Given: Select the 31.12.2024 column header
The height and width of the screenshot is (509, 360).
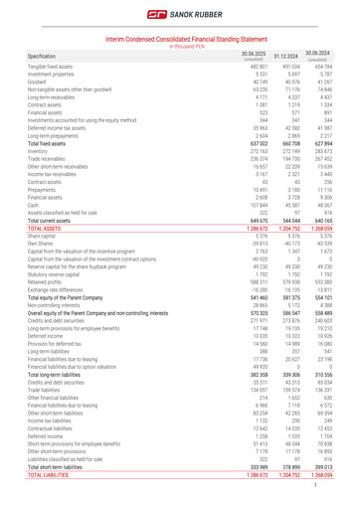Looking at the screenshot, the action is click(x=286, y=56).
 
